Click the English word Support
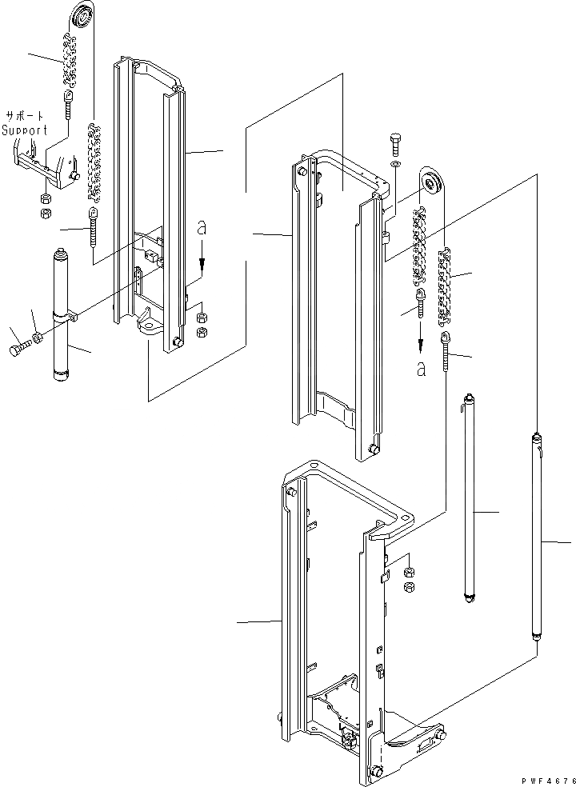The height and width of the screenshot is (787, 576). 24,130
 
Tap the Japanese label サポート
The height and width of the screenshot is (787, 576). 26,115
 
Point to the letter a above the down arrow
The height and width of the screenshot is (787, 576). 202,229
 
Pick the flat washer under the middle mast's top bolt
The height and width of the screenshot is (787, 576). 396,165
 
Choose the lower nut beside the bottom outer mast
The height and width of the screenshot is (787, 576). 408,587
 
